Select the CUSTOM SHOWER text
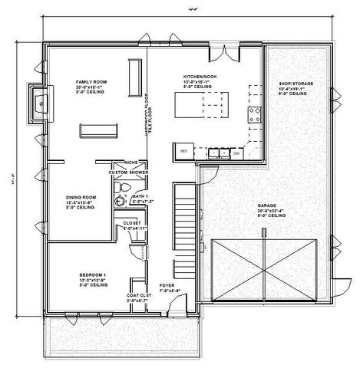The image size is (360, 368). [127, 172]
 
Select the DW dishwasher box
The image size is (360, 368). [236, 153]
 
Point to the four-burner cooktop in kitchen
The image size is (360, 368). [253, 115]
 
